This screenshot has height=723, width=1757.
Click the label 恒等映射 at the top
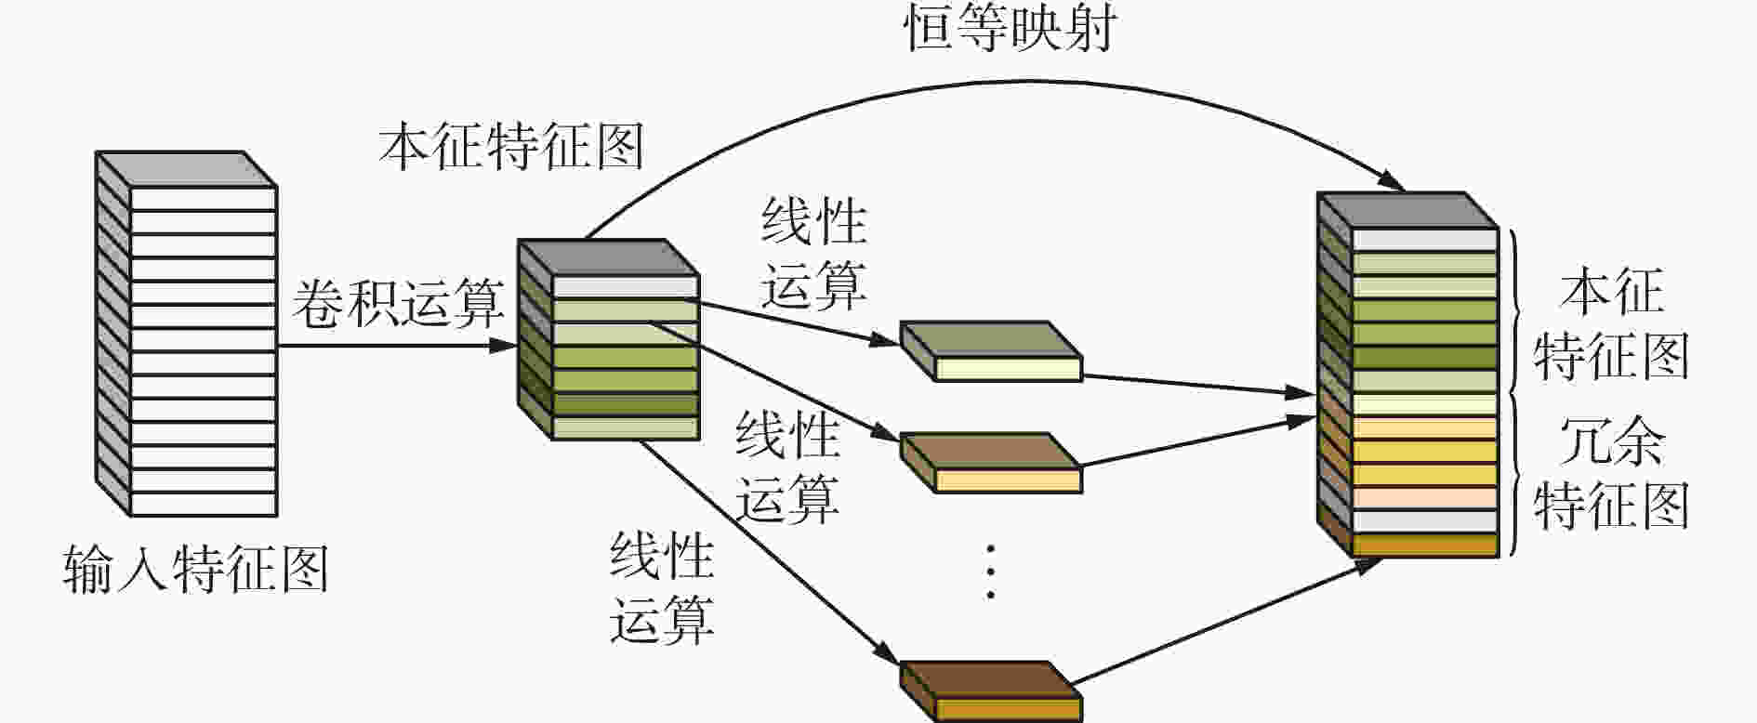1010,28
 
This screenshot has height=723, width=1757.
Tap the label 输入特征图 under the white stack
196,569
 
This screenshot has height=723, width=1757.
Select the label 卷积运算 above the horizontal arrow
398,302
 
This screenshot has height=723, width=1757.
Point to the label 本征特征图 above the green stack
511,147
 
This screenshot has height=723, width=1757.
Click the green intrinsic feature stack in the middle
608,340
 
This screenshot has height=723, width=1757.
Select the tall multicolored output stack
1407,375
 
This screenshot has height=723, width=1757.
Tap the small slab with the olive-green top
991,351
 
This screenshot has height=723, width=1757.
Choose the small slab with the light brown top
991,463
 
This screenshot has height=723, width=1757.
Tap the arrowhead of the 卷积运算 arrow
503,346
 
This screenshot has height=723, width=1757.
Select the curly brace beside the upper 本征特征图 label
1516,312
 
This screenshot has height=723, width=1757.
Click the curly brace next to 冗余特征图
1516,476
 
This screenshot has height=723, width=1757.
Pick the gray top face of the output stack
1407,209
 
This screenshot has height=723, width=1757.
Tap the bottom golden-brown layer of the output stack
1425,546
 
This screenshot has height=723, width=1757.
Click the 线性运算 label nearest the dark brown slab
662,589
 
